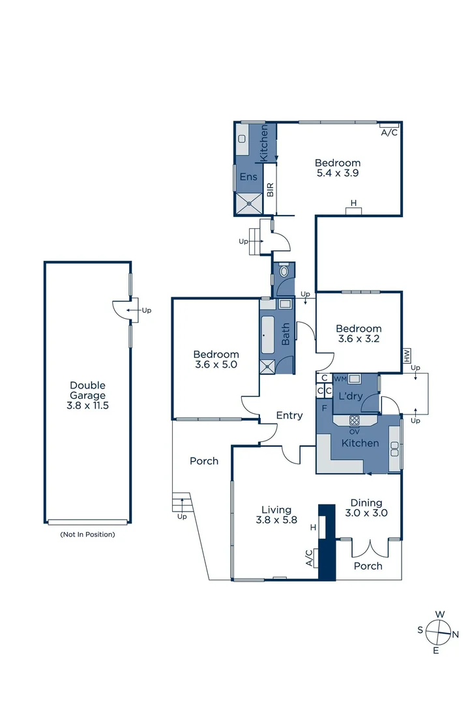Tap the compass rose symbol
point(438,631)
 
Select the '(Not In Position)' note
point(87,535)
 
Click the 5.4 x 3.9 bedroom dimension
point(338,173)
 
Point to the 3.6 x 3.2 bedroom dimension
point(358,339)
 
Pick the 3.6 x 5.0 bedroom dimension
point(216,365)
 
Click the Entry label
point(289,415)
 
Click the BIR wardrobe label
point(270,190)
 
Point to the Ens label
point(248,177)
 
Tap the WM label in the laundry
point(340,379)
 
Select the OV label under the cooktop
point(355,432)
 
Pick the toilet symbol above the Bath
point(284,271)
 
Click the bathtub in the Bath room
point(268,334)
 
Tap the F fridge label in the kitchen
point(324,407)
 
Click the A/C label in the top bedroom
point(389,132)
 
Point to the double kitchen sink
point(394,448)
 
